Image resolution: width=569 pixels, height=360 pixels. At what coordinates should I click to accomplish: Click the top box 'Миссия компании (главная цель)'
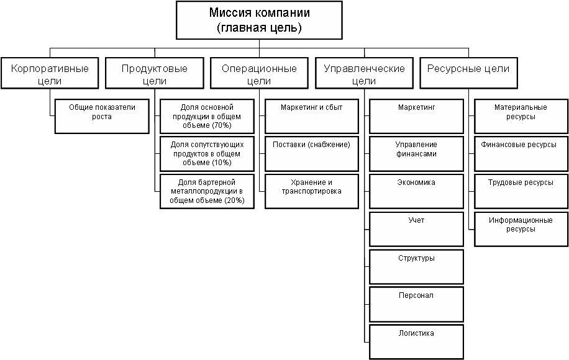point(260,20)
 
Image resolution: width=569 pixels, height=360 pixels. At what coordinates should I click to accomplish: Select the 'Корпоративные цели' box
point(50,74)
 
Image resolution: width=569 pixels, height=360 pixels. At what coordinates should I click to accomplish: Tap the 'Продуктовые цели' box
point(155,74)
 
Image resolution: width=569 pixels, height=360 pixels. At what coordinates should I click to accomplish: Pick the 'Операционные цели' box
point(259,74)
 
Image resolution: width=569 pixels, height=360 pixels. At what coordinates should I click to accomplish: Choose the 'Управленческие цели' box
point(364,74)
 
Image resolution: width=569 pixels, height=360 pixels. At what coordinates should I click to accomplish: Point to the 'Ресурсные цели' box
point(468,74)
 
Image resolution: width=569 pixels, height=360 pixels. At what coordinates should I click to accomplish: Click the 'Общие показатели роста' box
point(102,116)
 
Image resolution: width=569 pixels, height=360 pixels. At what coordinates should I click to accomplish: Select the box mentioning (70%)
point(207,116)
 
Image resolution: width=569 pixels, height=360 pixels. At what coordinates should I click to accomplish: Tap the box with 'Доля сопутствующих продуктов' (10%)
point(207,153)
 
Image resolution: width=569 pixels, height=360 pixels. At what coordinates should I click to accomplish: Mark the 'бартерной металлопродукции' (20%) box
point(207,191)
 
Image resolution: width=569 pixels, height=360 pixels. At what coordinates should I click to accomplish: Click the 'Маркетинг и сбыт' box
point(312,116)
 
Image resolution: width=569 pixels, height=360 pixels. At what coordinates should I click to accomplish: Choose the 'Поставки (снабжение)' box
point(312,153)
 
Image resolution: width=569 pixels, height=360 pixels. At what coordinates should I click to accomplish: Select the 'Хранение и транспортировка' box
point(312,191)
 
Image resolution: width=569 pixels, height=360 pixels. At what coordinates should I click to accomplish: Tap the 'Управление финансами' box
point(416,153)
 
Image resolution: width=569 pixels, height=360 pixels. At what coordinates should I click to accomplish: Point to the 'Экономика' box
point(416,191)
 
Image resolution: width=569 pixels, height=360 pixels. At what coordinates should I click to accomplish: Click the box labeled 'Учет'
point(416,229)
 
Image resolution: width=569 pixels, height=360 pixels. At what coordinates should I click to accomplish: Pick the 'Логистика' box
point(416,341)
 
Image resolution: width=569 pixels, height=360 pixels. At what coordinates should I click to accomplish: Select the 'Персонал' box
point(416,304)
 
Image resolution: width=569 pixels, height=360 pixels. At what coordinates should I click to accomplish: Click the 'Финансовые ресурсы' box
point(521,153)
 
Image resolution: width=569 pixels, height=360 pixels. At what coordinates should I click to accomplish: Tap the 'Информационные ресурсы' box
point(521,229)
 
